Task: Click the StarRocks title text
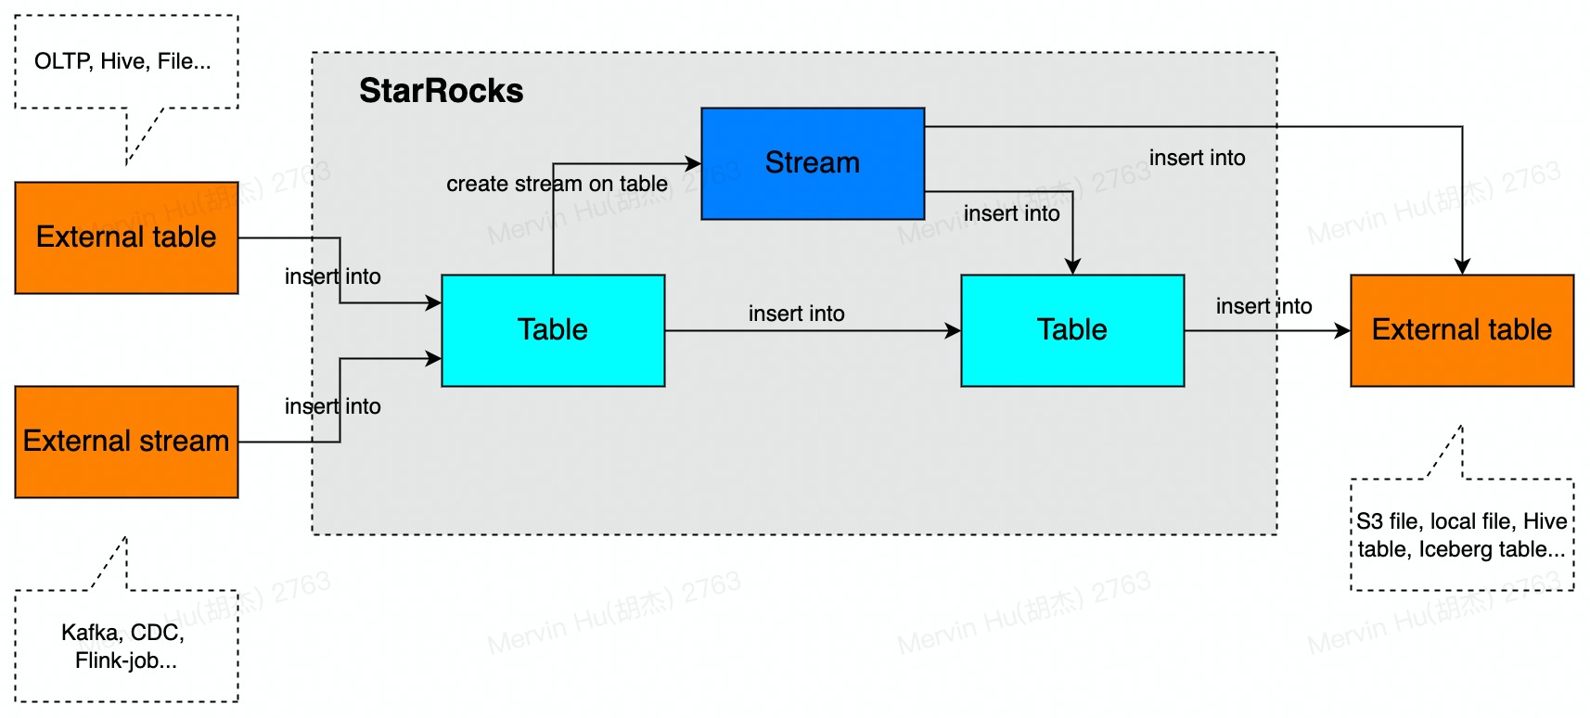[441, 91]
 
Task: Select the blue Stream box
[812, 163]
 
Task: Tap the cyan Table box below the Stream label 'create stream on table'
[553, 330]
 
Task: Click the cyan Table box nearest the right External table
[1071, 330]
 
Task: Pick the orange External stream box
[126, 442]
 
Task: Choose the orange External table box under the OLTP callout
[126, 237]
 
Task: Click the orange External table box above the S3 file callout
[1461, 330]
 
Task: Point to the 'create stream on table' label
[557, 184]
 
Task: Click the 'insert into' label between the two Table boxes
[796, 314]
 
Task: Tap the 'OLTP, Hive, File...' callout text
[122, 61]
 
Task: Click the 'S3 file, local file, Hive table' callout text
[1461, 521]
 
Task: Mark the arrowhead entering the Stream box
[694, 163]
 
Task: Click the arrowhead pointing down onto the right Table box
[1072, 267]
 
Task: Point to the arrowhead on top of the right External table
[1462, 267]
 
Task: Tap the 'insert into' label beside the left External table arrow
[332, 276]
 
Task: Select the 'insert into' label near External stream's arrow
[332, 406]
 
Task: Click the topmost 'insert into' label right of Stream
[1197, 158]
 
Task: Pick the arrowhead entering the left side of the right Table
[954, 330]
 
